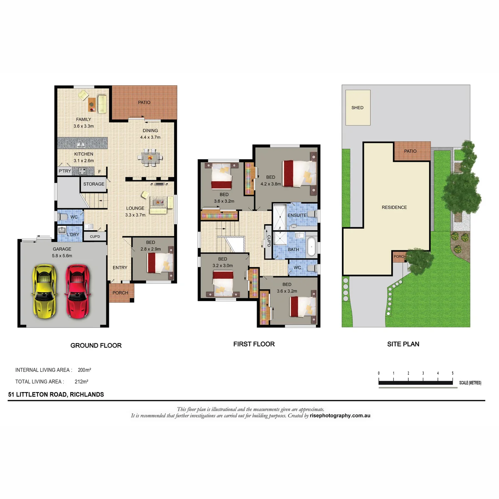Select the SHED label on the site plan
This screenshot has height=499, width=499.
click(x=357, y=107)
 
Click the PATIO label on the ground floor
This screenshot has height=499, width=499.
click(x=144, y=102)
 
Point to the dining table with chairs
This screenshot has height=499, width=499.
click(x=150, y=157)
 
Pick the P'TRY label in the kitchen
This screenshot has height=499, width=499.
click(x=65, y=171)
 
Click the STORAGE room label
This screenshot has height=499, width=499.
click(x=94, y=184)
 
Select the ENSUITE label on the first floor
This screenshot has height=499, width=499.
click(x=297, y=215)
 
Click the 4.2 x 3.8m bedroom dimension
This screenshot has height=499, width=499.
click(x=271, y=184)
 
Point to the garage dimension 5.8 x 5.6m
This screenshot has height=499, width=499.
click(x=62, y=256)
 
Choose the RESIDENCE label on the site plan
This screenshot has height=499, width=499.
click(x=394, y=207)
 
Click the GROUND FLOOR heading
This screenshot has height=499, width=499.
click(x=96, y=346)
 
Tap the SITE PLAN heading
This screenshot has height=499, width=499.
click(x=403, y=344)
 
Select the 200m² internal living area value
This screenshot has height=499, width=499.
click(x=84, y=370)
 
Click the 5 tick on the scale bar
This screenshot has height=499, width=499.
click(x=453, y=373)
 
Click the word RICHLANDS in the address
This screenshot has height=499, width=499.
click(x=87, y=394)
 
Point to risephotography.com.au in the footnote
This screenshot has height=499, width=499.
click(x=340, y=415)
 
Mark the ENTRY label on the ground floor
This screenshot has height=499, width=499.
click(x=120, y=267)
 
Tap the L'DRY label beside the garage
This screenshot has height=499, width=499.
click(x=73, y=235)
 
